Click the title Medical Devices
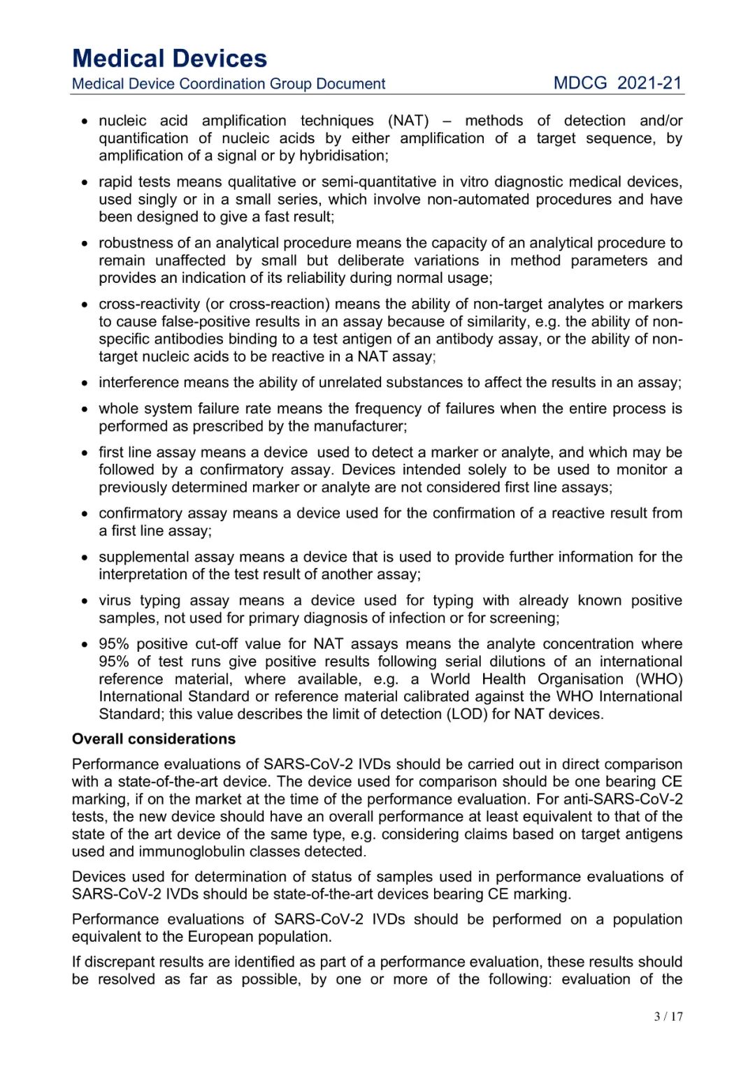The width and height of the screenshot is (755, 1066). point(169,58)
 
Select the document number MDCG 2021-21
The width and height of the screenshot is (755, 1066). point(617,83)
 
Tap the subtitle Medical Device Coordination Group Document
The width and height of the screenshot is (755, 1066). point(229,84)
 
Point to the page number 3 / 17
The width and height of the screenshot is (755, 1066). point(668,1016)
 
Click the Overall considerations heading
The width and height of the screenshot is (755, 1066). point(154,739)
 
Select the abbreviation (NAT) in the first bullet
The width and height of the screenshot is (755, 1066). point(408,121)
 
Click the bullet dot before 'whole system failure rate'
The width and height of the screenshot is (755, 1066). point(85,410)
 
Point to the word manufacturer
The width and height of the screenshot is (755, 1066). point(364,427)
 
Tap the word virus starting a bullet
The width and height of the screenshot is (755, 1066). point(115,601)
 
